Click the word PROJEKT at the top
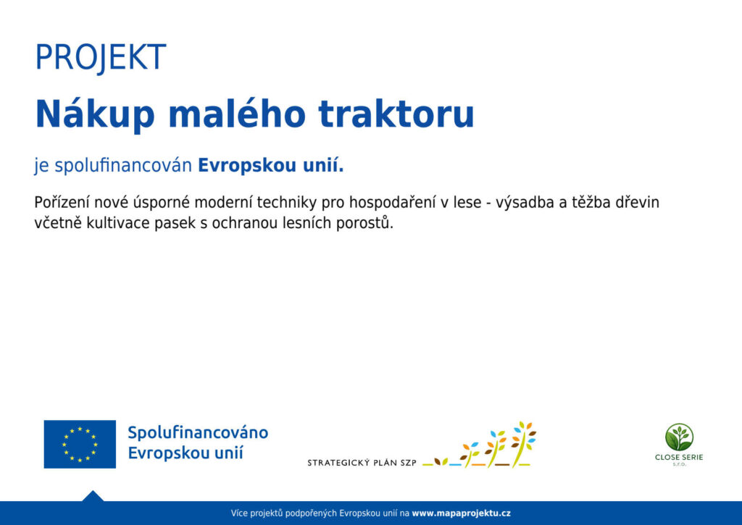pyautogui.click(x=101, y=57)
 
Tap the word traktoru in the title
pyautogui.click(x=396, y=114)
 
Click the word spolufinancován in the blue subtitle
pyautogui.click(x=123, y=166)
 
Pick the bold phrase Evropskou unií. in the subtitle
pyautogui.click(x=271, y=166)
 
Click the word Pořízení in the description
pyautogui.click(x=62, y=203)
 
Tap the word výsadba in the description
pyautogui.click(x=525, y=203)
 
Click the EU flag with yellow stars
pyautogui.click(x=80, y=444)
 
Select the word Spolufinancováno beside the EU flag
pyautogui.click(x=198, y=433)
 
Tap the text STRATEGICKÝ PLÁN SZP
pyautogui.click(x=362, y=463)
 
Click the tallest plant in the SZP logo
pyautogui.click(x=523, y=444)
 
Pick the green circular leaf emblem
pyautogui.click(x=679, y=437)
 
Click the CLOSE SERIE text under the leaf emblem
pyautogui.click(x=679, y=458)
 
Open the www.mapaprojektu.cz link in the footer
pyautogui.click(x=461, y=513)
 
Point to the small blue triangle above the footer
pyautogui.click(x=93, y=496)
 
